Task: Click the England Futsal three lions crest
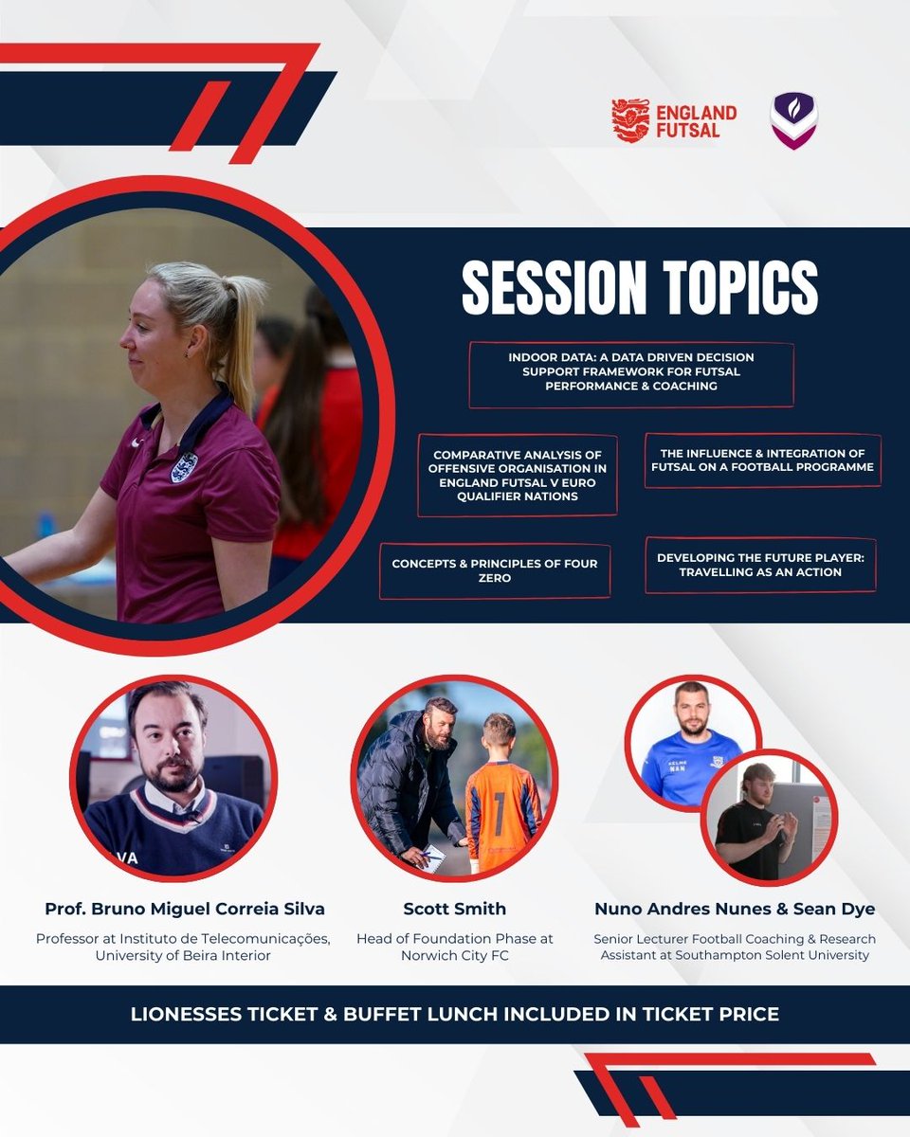pyautogui.click(x=630, y=120)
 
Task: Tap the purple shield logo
pyautogui.click(x=793, y=120)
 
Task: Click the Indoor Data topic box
pyautogui.click(x=631, y=374)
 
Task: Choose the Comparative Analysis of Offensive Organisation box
pyautogui.click(x=518, y=476)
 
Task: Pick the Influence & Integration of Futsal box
pyautogui.click(x=762, y=460)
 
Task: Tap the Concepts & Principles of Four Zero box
pyautogui.click(x=495, y=570)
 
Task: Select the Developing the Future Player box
pyautogui.click(x=760, y=565)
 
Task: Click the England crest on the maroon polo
pyautogui.click(x=184, y=466)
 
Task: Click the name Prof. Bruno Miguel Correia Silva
pyautogui.click(x=185, y=909)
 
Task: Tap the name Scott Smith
pyautogui.click(x=454, y=909)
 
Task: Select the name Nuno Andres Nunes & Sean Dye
pyautogui.click(x=735, y=909)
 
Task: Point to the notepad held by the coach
pyautogui.click(x=431, y=858)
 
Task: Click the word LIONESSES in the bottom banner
pyautogui.click(x=184, y=1014)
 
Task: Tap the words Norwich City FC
pyautogui.click(x=455, y=955)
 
